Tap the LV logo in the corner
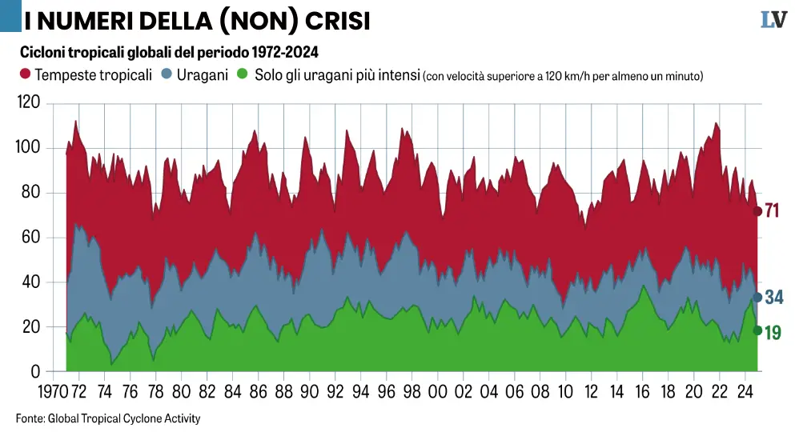click(773, 20)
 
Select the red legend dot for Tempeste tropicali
click(25, 75)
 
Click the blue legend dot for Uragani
click(167, 75)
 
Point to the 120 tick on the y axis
click(29, 102)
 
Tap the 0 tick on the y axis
click(36, 372)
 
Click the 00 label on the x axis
click(438, 393)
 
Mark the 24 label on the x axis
click(745, 393)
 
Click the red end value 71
click(773, 211)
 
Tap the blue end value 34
click(774, 298)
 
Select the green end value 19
click(773, 332)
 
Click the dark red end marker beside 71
click(757, 211)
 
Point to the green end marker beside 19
click(757, 330)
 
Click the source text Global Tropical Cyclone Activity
click(124, 418)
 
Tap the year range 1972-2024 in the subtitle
click(284, 53)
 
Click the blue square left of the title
click(10, 16)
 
